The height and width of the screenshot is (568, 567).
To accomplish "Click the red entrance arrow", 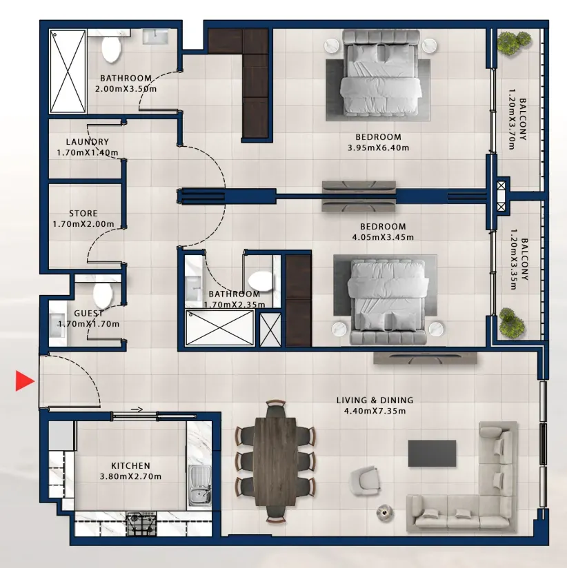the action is click(x=25, y=381).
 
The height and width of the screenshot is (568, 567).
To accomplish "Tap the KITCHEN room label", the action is click(x=130, y=465).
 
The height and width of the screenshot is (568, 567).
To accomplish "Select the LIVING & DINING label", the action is click(x=375, y=400).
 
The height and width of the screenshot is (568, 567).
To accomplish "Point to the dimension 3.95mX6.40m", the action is click(x=379, y=148).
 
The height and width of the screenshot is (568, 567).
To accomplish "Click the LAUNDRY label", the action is click(x=88, y=141).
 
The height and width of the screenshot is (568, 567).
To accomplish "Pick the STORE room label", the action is click(x=83, y=214).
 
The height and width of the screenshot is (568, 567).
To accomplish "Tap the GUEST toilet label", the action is click(x=89, y=313).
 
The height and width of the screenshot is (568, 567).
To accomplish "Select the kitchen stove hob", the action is click(x=141, y=524).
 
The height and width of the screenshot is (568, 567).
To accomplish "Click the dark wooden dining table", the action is click(x=275, y=462).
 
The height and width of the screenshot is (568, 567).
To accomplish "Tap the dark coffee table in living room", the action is click(x=432, y=453).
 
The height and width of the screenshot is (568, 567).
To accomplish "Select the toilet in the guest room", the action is click(x=103, y=294).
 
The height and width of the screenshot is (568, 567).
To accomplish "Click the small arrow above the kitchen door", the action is click(x=137, y=409).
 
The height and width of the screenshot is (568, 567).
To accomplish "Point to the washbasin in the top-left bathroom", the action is click(x=155, y=37).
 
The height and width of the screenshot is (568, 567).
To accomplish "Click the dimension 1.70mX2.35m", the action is click(x=235, y=305).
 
